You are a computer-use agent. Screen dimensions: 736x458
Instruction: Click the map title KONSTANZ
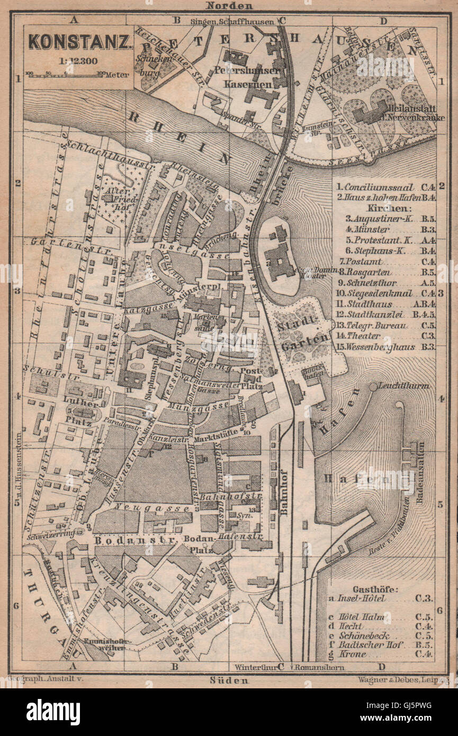point(79,42)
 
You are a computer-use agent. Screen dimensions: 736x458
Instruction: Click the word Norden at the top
point(229,6)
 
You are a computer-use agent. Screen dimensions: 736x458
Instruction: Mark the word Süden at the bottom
point(229,680)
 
